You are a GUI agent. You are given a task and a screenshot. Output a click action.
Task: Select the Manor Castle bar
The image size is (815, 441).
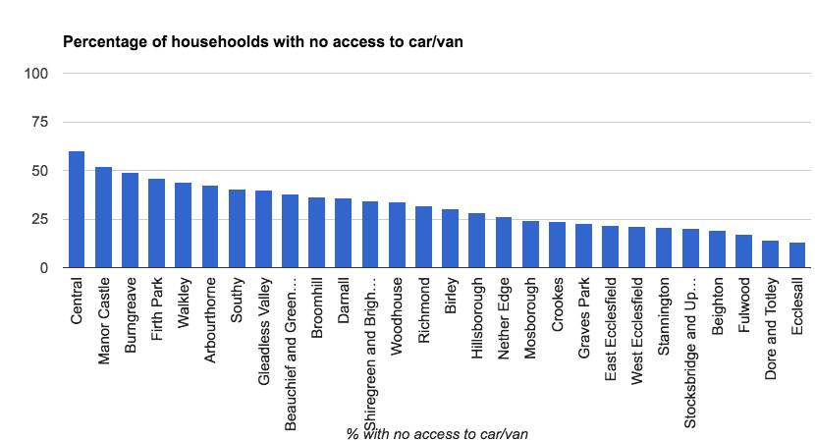coord(103,217)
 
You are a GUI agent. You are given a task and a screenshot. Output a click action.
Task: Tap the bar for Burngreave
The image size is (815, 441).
coord(130,220)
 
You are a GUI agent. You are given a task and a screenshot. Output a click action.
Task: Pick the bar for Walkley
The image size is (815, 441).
coord(183,225)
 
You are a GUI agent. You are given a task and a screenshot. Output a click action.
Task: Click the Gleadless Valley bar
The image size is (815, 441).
coord(263,229)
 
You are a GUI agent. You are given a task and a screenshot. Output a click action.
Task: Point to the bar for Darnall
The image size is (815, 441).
coord(343,233)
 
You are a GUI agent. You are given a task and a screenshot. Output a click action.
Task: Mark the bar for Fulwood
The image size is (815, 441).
coord(743,251)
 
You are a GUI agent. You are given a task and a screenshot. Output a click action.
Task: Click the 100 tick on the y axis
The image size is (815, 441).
coord(35,74)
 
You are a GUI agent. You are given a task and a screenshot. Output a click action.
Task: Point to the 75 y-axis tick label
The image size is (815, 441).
coord(39,122)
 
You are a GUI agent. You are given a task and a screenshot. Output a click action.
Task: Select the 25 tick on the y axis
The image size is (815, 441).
coord(39,219)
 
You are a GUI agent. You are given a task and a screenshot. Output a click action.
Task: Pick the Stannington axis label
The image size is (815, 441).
coord(664,311)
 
